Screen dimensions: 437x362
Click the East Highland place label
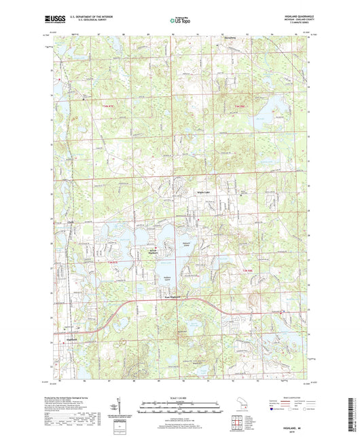175,296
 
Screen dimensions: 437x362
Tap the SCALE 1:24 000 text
181,397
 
